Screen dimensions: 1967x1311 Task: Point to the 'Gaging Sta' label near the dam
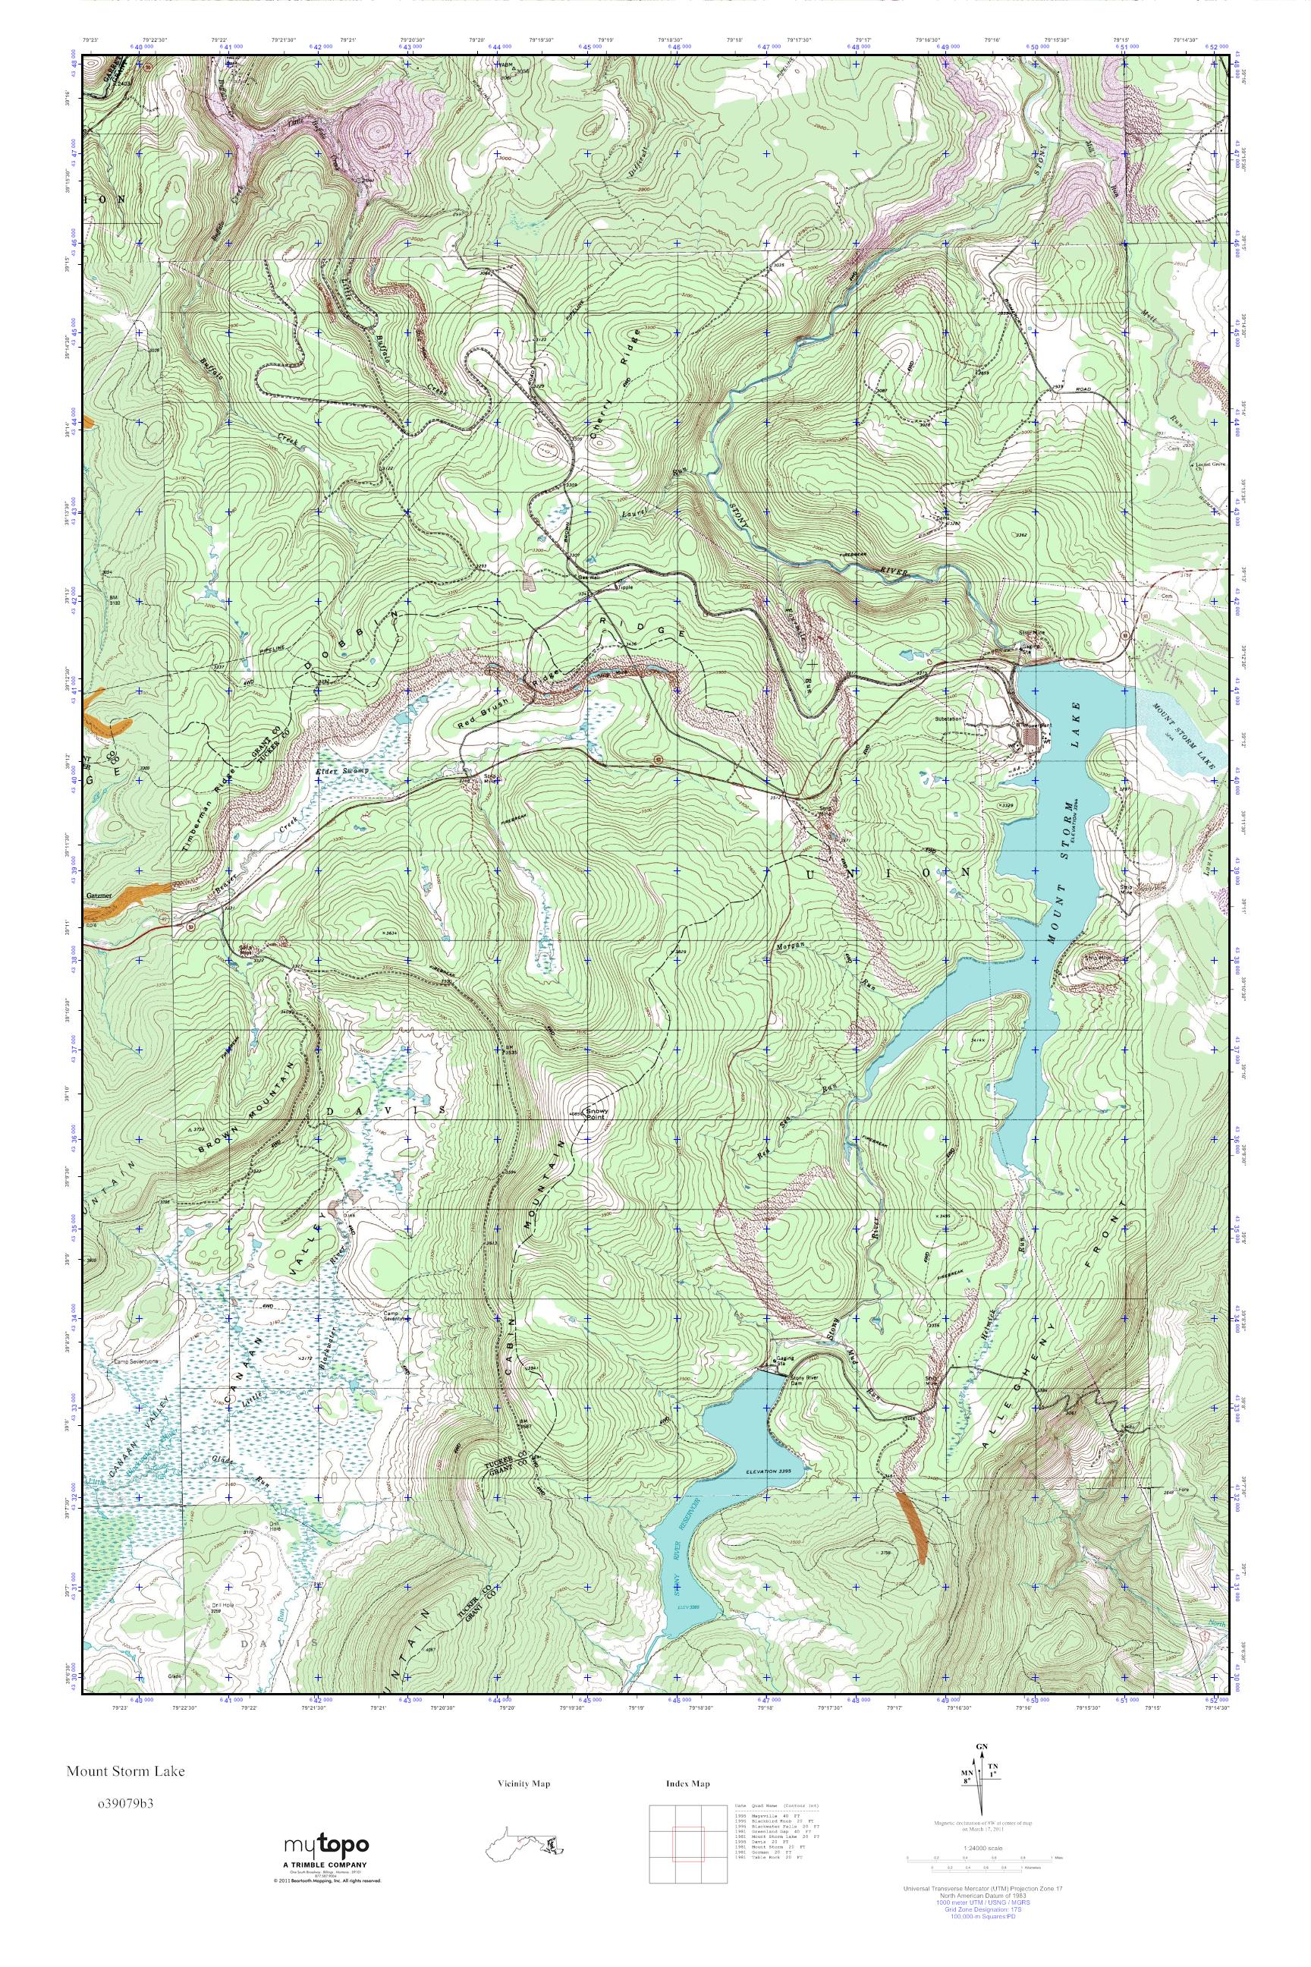click(784, 1363)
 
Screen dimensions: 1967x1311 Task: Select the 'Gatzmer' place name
click(99, 895)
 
